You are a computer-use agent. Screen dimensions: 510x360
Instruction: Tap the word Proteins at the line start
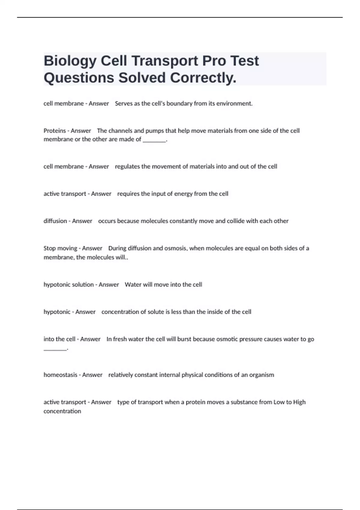(55, 131)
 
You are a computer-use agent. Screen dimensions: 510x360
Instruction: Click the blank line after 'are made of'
(154, 140)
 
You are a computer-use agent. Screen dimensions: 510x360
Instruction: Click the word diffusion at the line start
(55, 221)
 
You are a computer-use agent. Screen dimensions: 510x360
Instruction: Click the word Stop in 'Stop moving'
(50, 248)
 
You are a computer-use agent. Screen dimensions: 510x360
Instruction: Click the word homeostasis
(60, 375)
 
